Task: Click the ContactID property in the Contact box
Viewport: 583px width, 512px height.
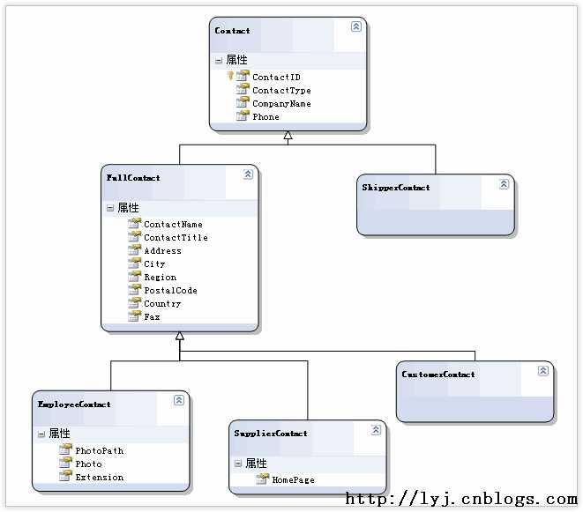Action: [276, 77]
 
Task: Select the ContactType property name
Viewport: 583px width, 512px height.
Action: [281, 90]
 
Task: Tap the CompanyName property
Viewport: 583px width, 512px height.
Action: [281, 104]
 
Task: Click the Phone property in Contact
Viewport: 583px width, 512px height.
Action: [265, 116]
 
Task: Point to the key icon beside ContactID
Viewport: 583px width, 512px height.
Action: [230, 76]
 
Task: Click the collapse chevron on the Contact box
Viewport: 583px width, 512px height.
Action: [355, 26]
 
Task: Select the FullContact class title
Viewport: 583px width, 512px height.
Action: [133, 178]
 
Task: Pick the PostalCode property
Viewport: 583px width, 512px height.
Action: [170, 291]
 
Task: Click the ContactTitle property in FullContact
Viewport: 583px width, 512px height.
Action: [176, 237]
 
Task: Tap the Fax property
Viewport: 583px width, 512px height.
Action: [152, 317]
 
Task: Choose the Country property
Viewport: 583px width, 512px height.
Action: [162, 304]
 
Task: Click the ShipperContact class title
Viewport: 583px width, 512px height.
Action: [396, 188]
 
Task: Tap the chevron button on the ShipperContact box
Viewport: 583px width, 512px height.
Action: [504, 184]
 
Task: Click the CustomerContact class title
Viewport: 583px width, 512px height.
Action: [438, 375]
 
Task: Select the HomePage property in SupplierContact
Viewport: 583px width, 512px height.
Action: [293, 480]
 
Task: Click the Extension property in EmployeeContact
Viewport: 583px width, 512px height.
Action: [100, 478]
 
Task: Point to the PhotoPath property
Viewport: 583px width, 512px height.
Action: [100, 450]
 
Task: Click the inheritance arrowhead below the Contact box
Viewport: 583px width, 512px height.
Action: [288, 135]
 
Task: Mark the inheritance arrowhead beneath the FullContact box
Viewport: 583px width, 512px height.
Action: [180, 336]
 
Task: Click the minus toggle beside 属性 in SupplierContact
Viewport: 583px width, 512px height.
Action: [238, 464]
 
